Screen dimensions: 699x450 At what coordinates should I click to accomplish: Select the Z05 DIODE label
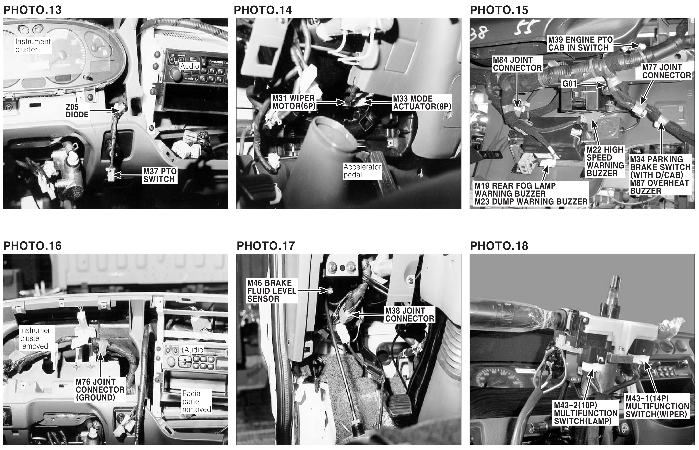77,111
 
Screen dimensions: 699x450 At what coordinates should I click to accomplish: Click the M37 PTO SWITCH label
160,175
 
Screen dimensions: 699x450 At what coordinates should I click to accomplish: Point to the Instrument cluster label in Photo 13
33,46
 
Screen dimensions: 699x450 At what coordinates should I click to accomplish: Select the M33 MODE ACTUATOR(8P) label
422,103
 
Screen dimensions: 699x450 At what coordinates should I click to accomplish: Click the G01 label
569,84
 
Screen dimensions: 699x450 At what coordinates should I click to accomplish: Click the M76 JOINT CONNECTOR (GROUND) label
100,389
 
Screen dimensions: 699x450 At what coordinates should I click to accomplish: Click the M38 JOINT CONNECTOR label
409,315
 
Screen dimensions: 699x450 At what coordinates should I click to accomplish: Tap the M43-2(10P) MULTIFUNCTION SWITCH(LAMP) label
586,413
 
